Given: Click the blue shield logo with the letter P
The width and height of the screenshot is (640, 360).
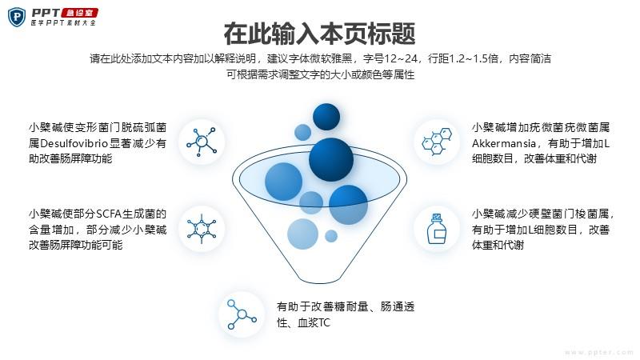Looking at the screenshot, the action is tap(17, 18).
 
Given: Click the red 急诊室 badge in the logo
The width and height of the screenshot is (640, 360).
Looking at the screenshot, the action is tap(79, 13).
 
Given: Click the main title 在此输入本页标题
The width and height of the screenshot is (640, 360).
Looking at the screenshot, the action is tap(319, 34).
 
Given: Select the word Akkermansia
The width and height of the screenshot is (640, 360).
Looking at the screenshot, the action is tap(504, 143).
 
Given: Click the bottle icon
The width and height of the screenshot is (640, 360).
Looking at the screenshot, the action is tap(436, 229).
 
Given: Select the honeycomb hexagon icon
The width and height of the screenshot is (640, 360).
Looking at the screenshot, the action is tap(437, 142).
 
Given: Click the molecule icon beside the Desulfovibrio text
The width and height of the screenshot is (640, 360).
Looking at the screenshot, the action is tap(202, 142).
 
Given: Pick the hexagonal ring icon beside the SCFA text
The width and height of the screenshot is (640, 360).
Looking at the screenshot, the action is tap(202, 229).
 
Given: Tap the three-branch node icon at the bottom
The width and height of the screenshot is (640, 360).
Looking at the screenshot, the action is tap(242, 314).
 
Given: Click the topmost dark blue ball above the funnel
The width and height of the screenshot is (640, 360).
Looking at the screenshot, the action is tap(326, 117).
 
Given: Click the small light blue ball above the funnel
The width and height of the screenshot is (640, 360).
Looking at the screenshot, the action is tap(303, 132).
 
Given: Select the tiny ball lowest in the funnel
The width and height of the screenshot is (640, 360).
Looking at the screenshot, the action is tap(331, 236).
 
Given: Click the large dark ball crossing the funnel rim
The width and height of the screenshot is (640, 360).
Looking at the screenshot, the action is tap(331, 159).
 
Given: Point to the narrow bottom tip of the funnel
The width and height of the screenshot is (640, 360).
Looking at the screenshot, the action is tap(319, 282).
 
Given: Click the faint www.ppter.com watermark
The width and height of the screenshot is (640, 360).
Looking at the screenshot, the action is tap(598, 352).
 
